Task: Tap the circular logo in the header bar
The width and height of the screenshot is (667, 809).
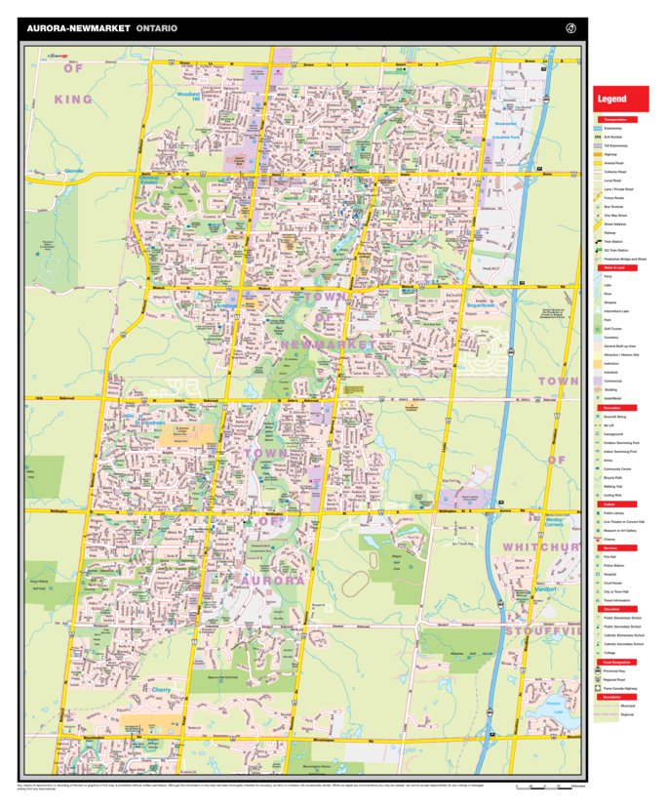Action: (x=571, y=28)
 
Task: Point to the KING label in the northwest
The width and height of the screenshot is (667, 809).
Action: (x=73, y=100)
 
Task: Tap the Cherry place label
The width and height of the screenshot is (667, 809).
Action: (x=161, y=689)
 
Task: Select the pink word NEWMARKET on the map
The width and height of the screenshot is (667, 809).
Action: (x=327, y=344)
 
